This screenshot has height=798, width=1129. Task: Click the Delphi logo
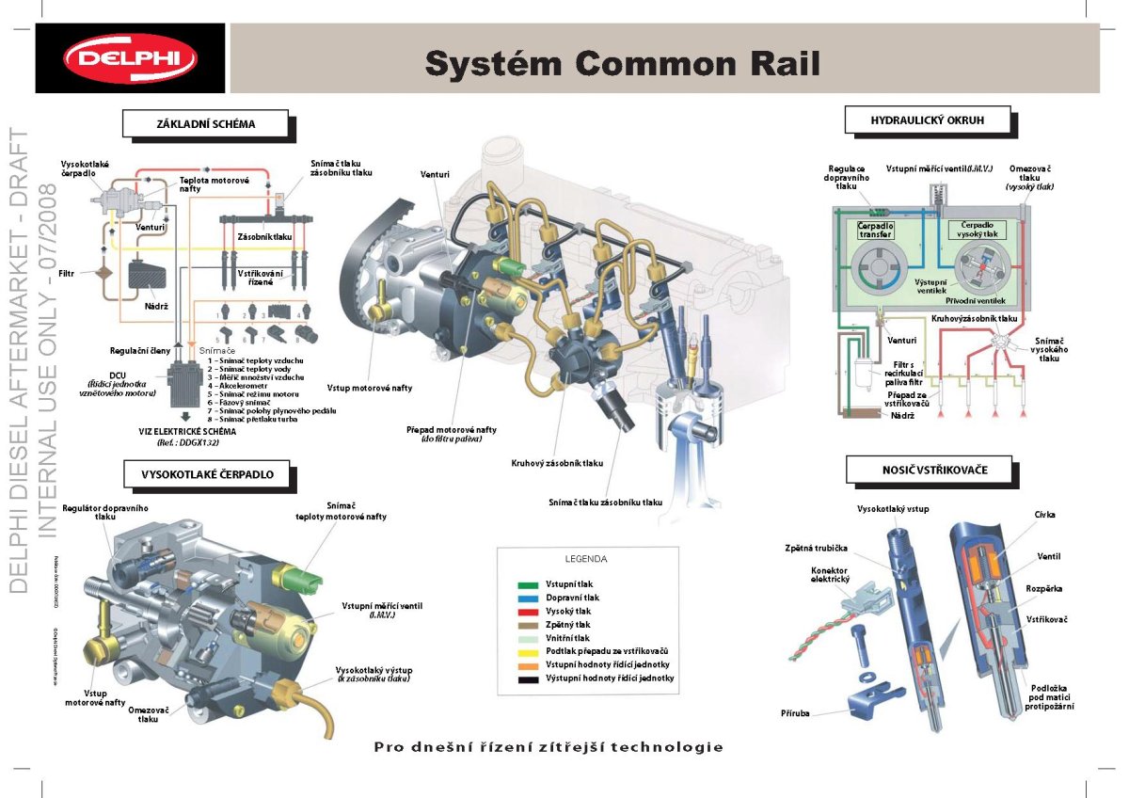coord(131,58)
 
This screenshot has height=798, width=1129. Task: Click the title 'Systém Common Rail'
coord(622,63)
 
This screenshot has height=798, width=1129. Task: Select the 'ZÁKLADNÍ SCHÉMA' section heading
coord(205,123)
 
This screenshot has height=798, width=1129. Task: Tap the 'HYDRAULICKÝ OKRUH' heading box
coord(927,120)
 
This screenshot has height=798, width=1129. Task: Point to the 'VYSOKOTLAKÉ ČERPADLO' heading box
coord(207,474)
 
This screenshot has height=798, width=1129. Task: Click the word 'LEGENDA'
coord(585,558)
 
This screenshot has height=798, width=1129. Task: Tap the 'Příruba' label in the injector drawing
coord(795,713)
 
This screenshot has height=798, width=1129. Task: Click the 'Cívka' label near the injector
coord(1044,515)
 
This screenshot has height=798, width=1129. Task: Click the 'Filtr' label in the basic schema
coord(67,274)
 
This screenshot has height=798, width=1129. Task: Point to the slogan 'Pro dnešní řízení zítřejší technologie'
coord(549,747)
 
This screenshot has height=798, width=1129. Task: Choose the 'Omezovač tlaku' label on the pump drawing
coord(148,714)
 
